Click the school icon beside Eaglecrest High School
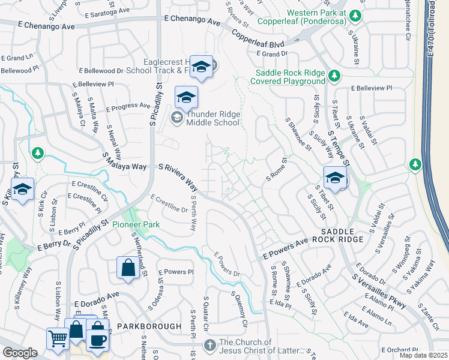click(x=202, y=67)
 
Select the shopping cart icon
click(x=58, y=337)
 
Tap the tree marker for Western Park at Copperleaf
click(x=355, y=15)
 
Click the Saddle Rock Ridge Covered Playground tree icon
click(x=334, y=76)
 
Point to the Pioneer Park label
click(x=142, y=224)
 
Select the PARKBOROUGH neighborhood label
click(x=149, y=326)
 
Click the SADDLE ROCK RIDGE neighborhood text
click(x=342, y=235)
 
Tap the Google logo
click(x=20, y=353)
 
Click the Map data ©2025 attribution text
click(x=423, y=355)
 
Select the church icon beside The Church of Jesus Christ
click(x=209, y=345)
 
